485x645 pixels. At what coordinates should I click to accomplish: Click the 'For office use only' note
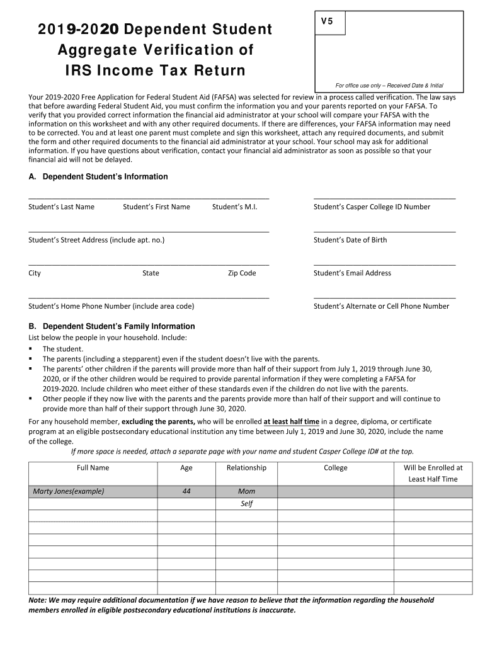point(389,86)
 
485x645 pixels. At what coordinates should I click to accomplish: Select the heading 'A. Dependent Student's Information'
point(98,177)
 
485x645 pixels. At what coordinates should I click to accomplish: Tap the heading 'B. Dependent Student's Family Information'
point(111,326)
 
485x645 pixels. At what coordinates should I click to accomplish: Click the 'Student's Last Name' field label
point(61,207)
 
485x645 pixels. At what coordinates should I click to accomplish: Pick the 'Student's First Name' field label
point(156,207)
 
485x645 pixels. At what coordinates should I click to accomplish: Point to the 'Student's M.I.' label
point(234,207)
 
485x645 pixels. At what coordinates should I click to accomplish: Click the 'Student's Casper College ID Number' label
point(372,207)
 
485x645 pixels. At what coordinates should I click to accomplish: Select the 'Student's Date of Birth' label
point(350,240)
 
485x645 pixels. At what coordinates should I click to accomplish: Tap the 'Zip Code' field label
point(242,273)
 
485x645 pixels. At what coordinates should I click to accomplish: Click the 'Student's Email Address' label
point(352,273)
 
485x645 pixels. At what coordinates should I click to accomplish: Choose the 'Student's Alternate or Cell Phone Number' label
point(381,306)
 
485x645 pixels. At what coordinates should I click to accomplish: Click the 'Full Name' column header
point(93,468)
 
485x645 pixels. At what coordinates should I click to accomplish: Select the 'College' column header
point(335,468)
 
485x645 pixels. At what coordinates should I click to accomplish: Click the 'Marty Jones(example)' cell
point(68,491)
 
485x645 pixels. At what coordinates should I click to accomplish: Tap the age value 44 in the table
point(186,491)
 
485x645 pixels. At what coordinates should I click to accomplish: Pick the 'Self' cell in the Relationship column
point(246,504)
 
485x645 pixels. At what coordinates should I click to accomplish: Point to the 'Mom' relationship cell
point(246,491)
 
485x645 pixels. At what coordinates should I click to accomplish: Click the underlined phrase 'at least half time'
point(291,421)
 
